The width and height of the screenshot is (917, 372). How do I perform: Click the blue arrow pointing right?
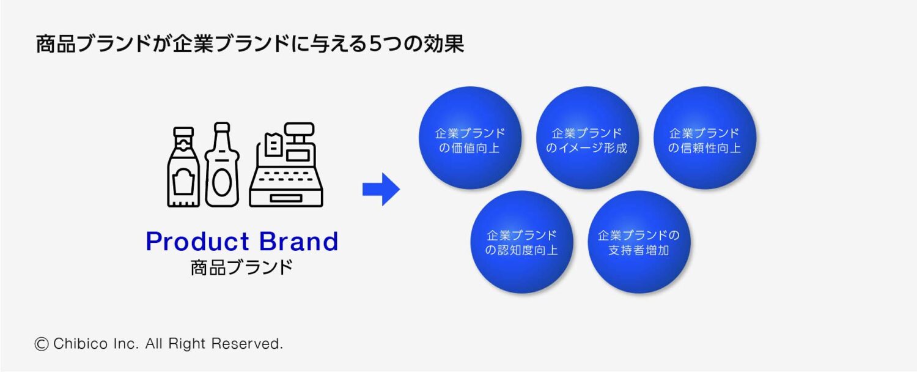pyautogui.click(x=381, y=189)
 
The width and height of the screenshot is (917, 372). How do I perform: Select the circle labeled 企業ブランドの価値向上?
pyautogui.click(x=470, y=138)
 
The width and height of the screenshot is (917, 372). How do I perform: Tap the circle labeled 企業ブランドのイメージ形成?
pyautogui.click(x=587, y=138)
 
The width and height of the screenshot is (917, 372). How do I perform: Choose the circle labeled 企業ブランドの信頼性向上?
pyautogui.click(x=704, y=138)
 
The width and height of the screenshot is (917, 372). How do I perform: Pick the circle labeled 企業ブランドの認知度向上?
pyautogui.click(x=521, y=242)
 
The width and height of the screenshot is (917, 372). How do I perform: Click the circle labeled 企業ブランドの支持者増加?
pyautogui.click(x=639, y=242)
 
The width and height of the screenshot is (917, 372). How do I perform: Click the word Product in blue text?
pyautogui.click(x=197, y=241)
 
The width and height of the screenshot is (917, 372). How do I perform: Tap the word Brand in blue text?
pyautogui.click(x=299, y=241)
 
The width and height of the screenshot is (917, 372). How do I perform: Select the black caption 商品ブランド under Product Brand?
pyautogui.click(x=242, y=267)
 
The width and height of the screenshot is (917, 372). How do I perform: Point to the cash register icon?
pyautogui.click(x=286, y=165)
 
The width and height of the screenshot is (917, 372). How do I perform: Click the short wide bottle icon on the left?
pyautogui.click(x=183, y=167)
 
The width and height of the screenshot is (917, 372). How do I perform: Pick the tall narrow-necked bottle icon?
pyautogui.click(x=222, y=165)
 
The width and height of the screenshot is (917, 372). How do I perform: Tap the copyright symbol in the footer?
pyautogui.click(x=42, y=344)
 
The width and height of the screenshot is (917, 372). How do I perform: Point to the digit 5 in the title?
pyautogui.click(x=376, y=44)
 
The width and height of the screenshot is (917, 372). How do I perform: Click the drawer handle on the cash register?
pyautogui.click(x=286, y=198)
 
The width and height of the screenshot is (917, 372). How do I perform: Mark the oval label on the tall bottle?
pyautogui.click(x=222, y=183)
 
